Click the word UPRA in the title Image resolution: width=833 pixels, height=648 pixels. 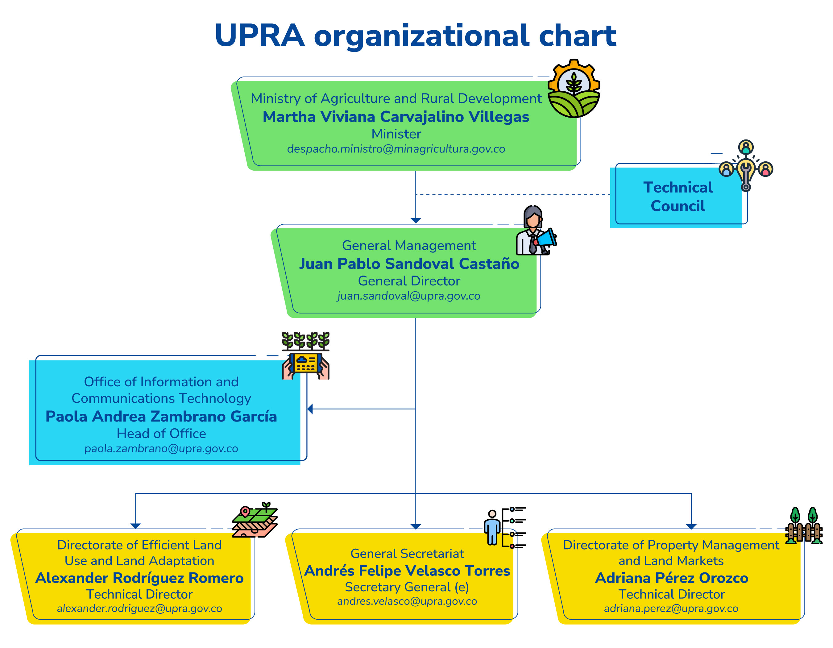pyautogui.click(x=259, y=35)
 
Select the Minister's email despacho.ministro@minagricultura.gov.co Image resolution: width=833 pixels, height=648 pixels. pyautogui.click(x=396, y=149)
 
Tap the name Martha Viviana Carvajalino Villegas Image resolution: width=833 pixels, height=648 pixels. pyautogui.click(x=396, y=117)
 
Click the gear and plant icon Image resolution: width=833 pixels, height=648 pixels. pyautogui.click(x=574, y=89)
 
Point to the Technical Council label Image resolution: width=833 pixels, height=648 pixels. pyautogui.click(x=678, y=197)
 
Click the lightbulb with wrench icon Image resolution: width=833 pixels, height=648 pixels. pyautogui.click(x=746, y=170)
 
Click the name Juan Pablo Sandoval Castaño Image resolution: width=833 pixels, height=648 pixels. pyautogui.click(x=409, y=264)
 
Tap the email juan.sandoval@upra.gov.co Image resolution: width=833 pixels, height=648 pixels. pyautogui.click(x=408, y=296)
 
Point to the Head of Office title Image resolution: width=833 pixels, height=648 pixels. pyautogui.click(x=161, y=433)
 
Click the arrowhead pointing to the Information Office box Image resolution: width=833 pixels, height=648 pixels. pyautogui.click(x=310, y=409)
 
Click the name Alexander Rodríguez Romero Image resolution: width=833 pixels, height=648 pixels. pyautogui.click(x=139, y=578)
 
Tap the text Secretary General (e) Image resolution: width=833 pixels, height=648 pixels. pyautogui.click(x=407, y=587)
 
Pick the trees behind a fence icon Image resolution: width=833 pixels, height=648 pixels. pyautogui.click(x=804, y=525)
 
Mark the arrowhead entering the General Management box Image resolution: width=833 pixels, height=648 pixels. pyautogui.click(x=416, y=220)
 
